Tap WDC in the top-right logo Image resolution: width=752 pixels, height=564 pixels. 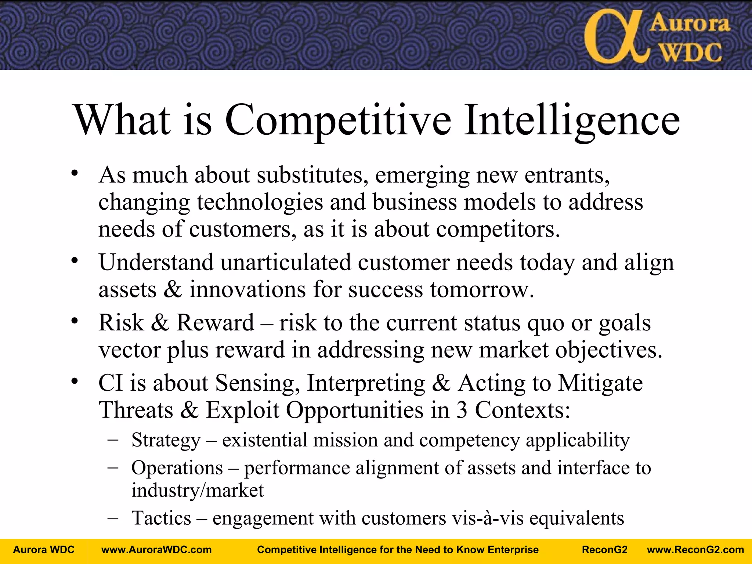click(x=691, y=53)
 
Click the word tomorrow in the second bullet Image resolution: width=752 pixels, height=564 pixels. click(x=482, y=289)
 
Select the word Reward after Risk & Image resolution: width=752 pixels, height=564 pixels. click(x=215, y=323)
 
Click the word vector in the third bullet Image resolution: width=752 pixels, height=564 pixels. click(x=130, y=350)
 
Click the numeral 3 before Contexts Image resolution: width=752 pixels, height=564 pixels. click(x=462, y=410)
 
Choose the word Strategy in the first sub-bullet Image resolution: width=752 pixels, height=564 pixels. click(x=166, y=440)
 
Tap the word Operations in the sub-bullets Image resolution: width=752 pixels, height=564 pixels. click(x=177, y=468)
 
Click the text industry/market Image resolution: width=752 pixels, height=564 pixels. click(x=198, y=490)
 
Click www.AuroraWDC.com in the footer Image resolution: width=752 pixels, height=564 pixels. click(x=156, y=550)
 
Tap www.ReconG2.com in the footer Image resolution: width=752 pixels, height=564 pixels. click(x=695, y=550)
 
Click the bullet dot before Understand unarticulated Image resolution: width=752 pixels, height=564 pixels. click(x=75, y=260)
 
